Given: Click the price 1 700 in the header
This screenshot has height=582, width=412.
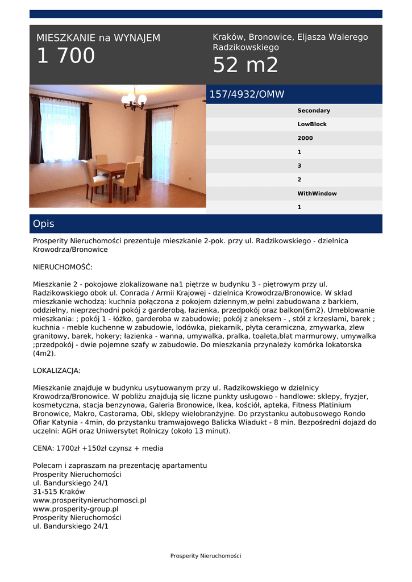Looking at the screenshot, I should point(66,56).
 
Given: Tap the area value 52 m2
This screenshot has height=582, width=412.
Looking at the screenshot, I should point(245,66).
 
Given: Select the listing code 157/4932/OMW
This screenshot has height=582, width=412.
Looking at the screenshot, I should point(247,94).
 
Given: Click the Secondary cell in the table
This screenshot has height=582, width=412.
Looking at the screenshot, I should point(313,111).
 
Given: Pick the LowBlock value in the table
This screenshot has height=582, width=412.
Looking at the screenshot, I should point(312,124).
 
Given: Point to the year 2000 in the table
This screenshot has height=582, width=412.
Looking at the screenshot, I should point(305,138).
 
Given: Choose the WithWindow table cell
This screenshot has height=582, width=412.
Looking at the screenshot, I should point(317,194).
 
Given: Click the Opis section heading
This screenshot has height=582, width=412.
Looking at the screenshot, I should point(44,224).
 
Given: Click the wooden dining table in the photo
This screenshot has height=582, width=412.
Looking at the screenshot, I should point(111,169).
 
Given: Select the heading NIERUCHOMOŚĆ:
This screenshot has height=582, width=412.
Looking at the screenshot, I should point(63,267).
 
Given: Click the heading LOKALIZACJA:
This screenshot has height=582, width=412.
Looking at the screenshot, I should point(57,371).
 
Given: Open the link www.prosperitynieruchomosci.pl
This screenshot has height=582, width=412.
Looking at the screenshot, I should point(90,500).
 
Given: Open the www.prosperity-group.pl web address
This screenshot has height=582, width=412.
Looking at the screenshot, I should point(76,509).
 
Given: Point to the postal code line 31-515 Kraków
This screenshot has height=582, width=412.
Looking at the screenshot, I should point(59,492).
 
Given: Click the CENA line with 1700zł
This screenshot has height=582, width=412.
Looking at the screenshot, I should point(98,448).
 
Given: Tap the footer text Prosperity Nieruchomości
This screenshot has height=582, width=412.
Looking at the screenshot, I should point(206,556).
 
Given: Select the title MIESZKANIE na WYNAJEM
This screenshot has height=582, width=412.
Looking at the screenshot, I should point(98,38).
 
